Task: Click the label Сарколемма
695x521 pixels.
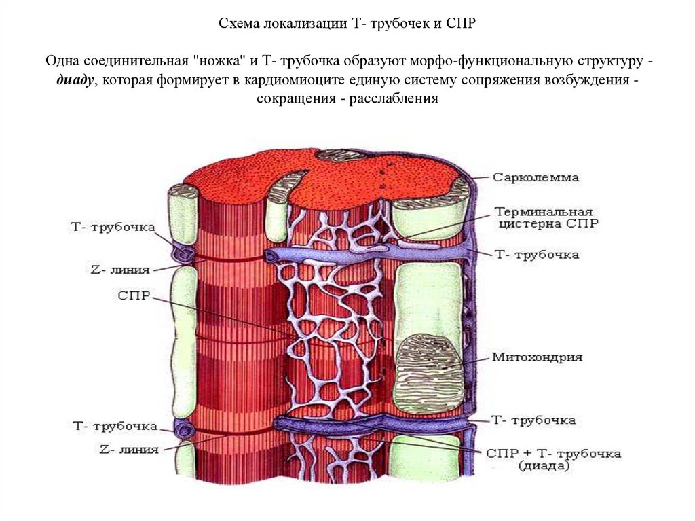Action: (x=536, y=178)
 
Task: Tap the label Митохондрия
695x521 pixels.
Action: (x=537, y=357)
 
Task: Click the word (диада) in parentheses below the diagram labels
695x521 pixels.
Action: (x=544, y=466)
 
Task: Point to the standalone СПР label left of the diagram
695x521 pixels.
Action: (x=134, y=297)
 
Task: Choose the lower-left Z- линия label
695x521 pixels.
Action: (x=129, y=449)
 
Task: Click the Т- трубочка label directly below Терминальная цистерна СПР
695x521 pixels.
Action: (x=536, y=255)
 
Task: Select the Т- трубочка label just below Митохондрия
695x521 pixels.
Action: (x=533, y=420)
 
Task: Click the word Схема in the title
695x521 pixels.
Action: (x=238, y=24)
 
